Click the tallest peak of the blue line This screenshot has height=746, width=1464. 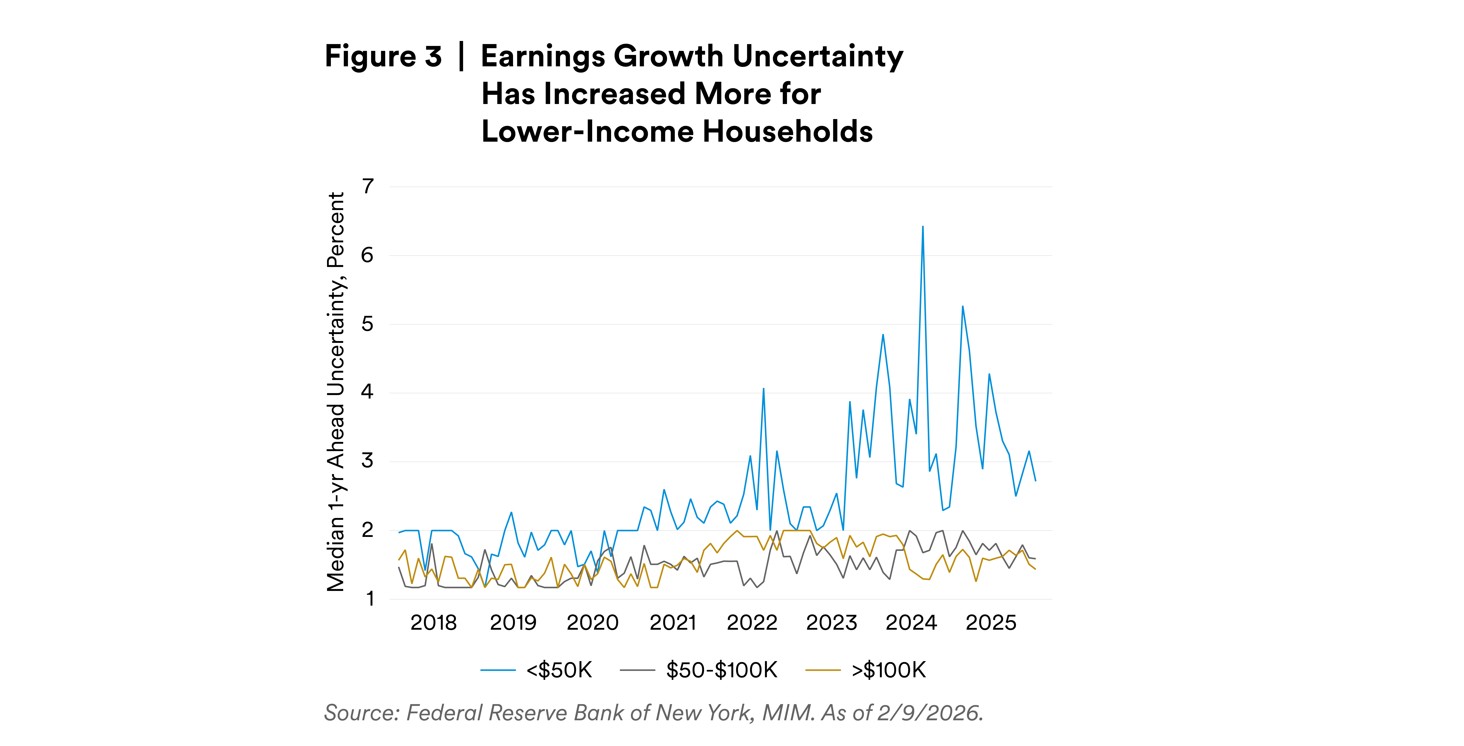point(922,227)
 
